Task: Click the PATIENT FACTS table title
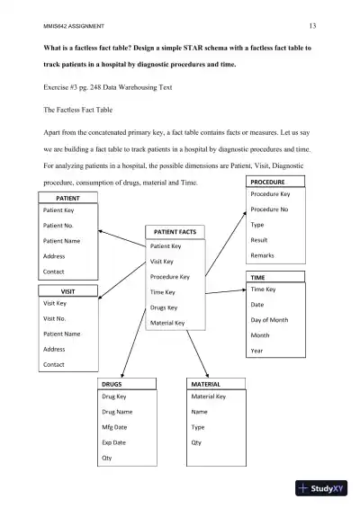tap(175, 232)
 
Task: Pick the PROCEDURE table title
tap(266, 182)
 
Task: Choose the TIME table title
tap(258, 278)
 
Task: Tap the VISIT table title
tap(67, 292)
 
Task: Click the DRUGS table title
tap(112, 384)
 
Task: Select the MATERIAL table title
tap(206, 384)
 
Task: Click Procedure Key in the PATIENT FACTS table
tap(169, 277)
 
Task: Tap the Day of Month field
tap(269, 320)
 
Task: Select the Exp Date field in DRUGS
tap(114, 442)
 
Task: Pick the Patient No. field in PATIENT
tap(58, 226)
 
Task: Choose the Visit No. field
tap(55, 318)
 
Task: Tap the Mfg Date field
tap(115, 427)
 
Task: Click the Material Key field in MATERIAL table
tap(209, 397)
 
